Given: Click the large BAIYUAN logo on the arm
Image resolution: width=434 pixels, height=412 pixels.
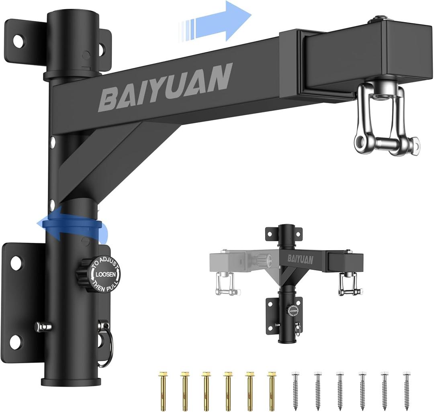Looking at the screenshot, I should [165, 87].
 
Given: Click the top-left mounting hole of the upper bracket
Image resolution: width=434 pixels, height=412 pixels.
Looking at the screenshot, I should [18, 40].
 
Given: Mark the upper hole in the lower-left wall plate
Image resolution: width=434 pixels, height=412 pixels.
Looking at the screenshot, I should [16, 263].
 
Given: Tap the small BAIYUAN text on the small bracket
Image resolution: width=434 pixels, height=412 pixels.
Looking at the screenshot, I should [300, 260].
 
